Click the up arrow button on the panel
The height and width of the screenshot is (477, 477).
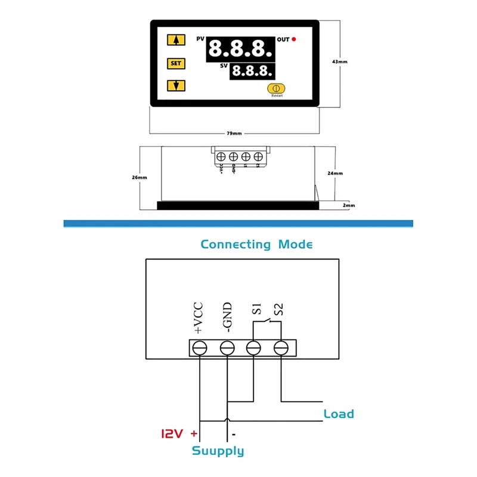click(176, 41)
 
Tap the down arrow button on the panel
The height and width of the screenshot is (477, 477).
click(176, 85)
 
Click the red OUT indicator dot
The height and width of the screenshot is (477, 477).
click(294, 39)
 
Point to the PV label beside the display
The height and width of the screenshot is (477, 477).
click(200, 39)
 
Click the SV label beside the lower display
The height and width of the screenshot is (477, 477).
click(224, 67)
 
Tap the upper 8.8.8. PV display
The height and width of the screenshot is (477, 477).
click(240, 48)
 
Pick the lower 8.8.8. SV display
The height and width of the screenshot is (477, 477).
click(252, 71)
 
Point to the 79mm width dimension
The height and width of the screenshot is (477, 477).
click(235, 134)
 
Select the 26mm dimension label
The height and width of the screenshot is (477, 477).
click(139, 177)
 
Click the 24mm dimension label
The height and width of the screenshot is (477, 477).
click(336, 173)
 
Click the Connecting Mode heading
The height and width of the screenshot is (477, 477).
click(256, 244)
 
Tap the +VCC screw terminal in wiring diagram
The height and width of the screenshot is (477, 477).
click(199, 347)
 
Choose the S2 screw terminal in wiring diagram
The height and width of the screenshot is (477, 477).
click(281, 347)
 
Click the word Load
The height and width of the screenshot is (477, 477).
click(339, 414)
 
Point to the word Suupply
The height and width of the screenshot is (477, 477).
click(218, 451)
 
